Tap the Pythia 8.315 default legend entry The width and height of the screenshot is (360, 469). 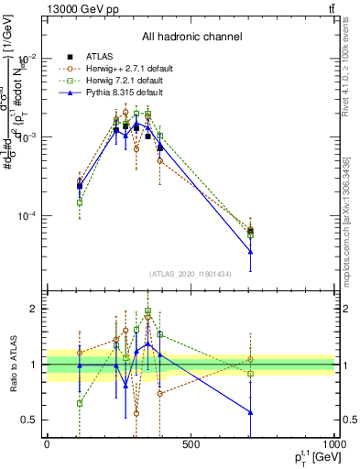[x=112, y=93]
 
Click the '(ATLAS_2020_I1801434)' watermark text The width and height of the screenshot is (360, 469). [x=191, y=274]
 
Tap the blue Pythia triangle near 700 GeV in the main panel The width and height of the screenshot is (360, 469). [x=250, y=251]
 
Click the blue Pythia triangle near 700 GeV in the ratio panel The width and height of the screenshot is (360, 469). [x=250, y=412]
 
